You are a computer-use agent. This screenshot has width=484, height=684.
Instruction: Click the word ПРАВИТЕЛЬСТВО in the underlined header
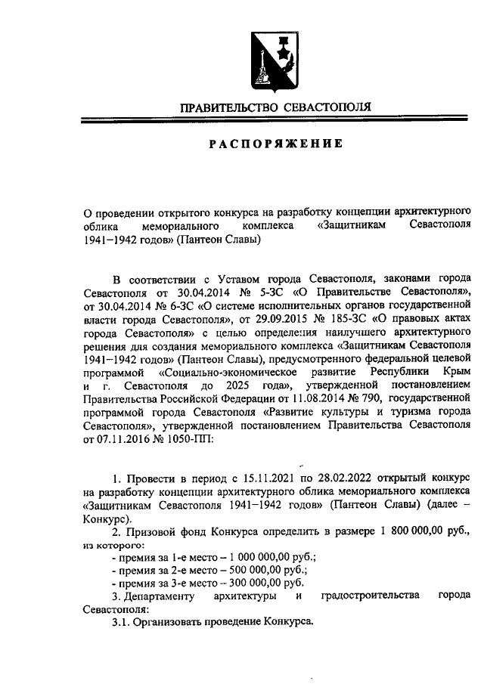pos(228,108)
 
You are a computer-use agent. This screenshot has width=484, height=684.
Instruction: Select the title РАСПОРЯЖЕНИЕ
pos(275,144)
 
